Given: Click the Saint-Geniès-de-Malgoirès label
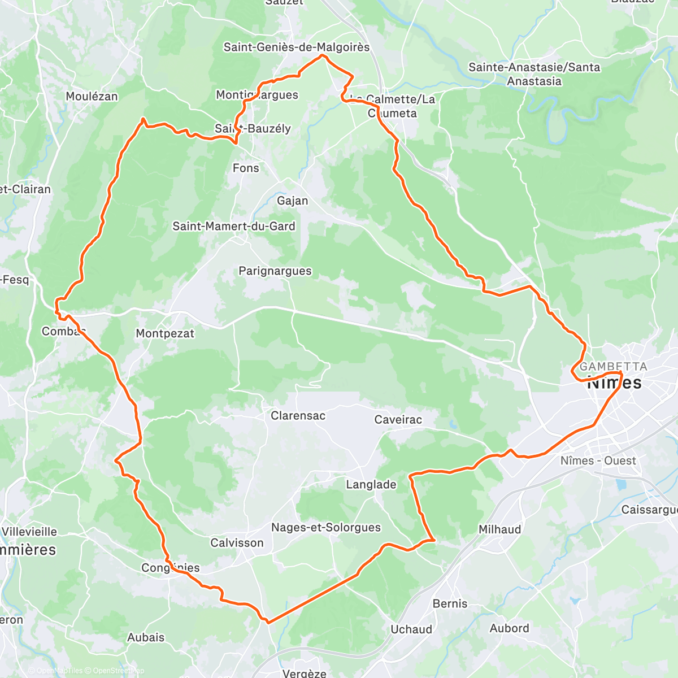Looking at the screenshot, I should pos(297,47).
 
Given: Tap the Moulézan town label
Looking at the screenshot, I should pos(92,97).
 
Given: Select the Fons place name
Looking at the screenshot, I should pos(246,168).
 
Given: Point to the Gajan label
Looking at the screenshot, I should pos(293,201).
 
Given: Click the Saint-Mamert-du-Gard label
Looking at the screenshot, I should pos(234,227).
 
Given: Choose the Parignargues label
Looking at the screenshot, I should pos(275,271).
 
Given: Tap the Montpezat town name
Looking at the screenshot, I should pos(165,333).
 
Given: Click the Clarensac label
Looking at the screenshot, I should pos(298,416).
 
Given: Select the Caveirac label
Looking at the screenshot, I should pos(398,419).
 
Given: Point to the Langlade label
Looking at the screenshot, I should pos(371,485).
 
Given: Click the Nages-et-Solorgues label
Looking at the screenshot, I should pos(326,528).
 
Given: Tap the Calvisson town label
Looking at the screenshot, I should pos(237,543).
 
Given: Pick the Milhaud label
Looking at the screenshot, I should pos(500,529).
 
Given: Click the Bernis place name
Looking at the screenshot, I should pos(450,603).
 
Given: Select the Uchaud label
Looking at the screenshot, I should pos(411,629).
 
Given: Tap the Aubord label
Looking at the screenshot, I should pos(510,628).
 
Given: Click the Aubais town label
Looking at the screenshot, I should pos(146,637).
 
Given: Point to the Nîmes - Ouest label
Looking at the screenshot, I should pos(598,461).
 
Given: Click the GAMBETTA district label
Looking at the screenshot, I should pos(614,367).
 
